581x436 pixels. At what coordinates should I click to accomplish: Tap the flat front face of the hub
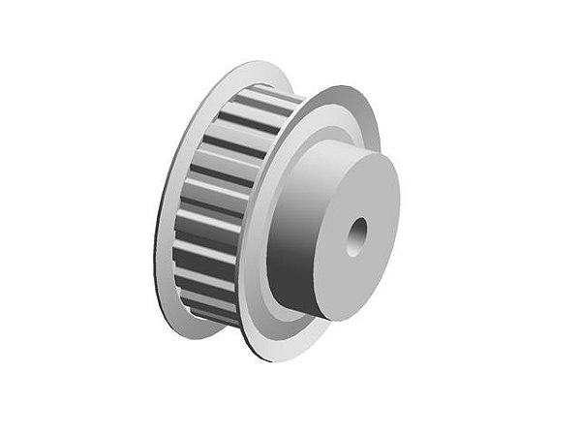[373, 208]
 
